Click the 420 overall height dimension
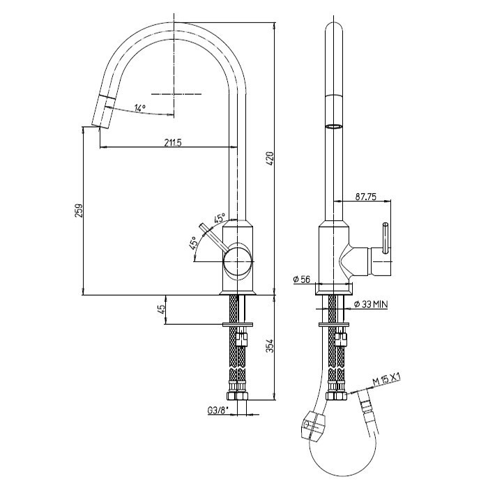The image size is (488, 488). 270,159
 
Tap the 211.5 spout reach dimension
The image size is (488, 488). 173,142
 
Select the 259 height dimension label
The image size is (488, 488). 78,211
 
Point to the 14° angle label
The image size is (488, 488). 139,108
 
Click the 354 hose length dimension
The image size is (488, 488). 270,346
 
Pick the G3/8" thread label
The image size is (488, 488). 218,411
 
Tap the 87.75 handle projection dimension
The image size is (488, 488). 366,197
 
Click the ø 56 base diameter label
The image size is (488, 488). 302,280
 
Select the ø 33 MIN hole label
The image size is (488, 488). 371,304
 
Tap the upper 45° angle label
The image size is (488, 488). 219,218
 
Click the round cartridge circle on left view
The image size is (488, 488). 237,261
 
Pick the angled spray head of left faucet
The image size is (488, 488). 102,111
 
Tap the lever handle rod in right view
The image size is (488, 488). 386,238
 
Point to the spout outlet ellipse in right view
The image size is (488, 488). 334,126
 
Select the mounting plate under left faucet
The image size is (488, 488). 238,325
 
